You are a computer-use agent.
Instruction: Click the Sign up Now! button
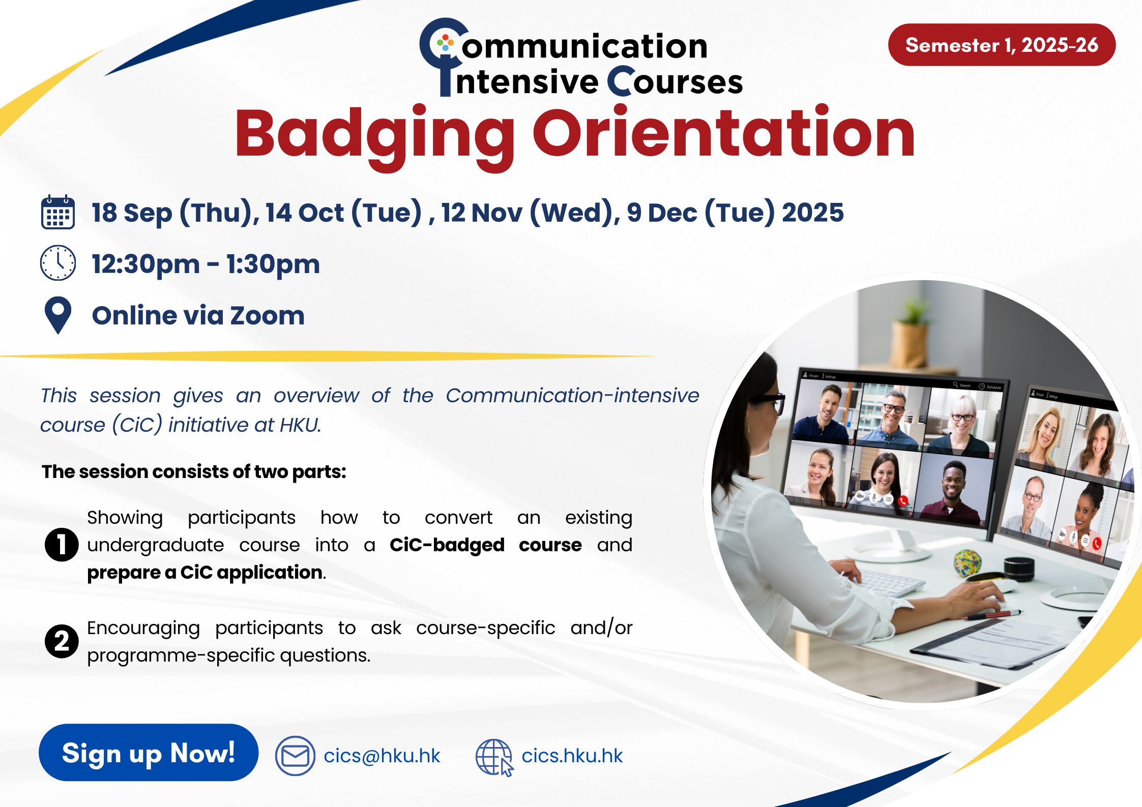point(149,753)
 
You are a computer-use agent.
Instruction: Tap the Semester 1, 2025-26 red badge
point(1002,45)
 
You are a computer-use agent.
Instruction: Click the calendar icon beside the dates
point(58,212)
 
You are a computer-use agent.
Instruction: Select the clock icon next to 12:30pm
point(58,263)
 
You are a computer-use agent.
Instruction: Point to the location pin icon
point(58,315)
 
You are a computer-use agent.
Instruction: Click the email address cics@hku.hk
point(382,756)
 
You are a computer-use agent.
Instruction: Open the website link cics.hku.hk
point(572,756)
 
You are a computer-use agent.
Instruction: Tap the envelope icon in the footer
point(295,756)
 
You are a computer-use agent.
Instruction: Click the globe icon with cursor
point(494,757)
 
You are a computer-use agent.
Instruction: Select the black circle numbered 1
point(62,545)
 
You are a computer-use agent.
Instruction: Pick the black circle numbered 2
point(62,641)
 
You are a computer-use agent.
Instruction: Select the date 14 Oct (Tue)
point(344,213)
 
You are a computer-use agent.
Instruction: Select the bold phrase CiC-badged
point(447,545)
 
